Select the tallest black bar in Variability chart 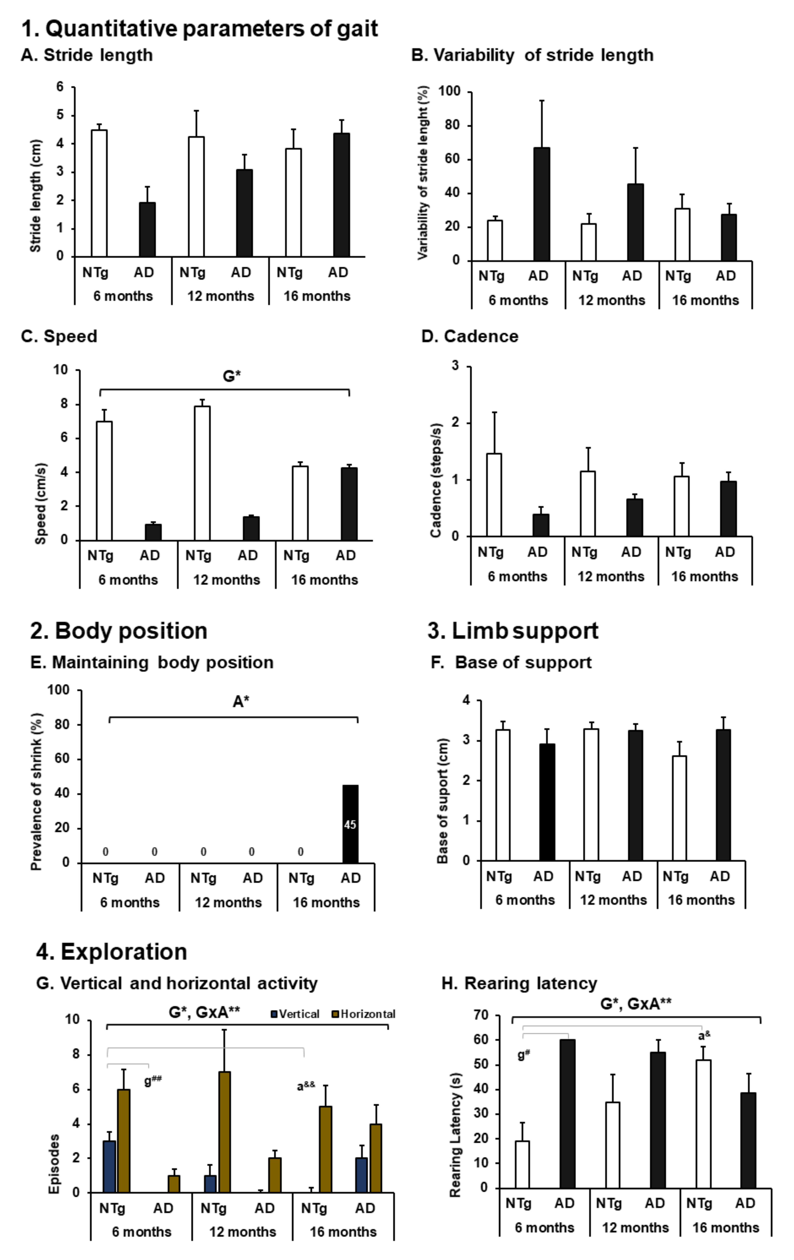coord(541,204)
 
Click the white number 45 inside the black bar coord(350,825)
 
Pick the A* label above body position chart coord(241,701)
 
